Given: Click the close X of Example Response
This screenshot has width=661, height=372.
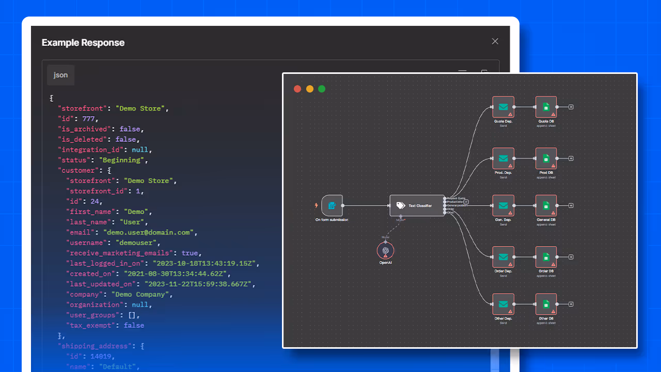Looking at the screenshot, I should click(x=495, y=41).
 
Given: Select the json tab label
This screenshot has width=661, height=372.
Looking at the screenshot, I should click(x=60, y=75).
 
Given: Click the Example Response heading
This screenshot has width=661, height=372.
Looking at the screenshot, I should click(x=83, y=42).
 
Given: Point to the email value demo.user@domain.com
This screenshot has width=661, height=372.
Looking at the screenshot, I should click(x=150, y=233).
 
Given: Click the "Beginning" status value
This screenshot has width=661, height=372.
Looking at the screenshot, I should click(x=124, y=160).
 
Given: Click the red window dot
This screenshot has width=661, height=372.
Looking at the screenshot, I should click(x=297, y=89).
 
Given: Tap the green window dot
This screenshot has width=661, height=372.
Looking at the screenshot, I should click(x=322, y=89).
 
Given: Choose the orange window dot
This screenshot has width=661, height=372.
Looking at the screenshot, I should click(x=310, y=89).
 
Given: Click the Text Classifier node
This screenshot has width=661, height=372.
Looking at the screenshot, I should click(x=417, y=206).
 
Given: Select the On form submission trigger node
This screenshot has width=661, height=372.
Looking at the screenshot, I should click(x=332, y=206).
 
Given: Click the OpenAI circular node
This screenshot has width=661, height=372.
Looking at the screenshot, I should click(x=385, y=251).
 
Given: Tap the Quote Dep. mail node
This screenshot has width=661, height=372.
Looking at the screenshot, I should click(x=503, y=107).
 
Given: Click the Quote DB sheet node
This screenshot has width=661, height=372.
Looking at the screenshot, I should click(x=546, y=107).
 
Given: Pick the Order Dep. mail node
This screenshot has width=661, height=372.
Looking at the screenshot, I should click(x=503, y=257).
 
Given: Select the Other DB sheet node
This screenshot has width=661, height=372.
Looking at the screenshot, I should click(x=546, y=304).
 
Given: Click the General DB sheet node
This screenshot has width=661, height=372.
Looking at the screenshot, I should click(x=546, y=206).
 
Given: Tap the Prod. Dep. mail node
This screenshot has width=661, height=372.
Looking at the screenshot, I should click(x=503, y=159).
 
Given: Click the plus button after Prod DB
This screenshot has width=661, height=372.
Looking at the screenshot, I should click(x=571, y=159).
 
